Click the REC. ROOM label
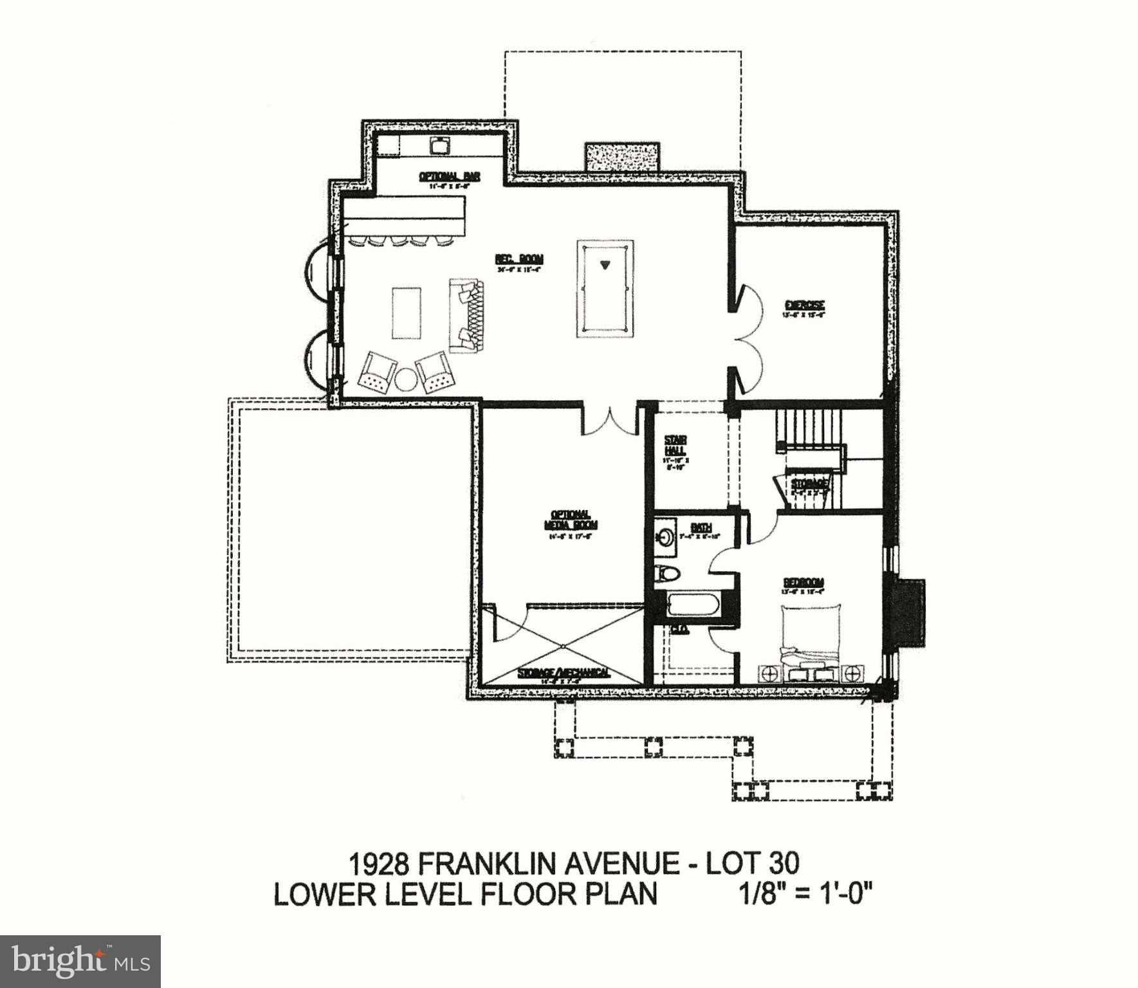tap(519, 259)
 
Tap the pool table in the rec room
tap(604, 288)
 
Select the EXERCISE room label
tap(804, 305)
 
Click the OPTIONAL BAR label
tap(449, 176)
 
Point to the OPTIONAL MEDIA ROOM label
tap(570, 520)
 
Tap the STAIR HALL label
tap(675, 446)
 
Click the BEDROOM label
tap(803, 583)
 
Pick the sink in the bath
tap(665, 535)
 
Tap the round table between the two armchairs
tap(406, 379)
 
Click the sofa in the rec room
tap(466, 315)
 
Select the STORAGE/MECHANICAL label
tap(564, 673)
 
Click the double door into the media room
tap(609, 421)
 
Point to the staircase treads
tap(809, 424)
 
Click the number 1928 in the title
tap(379, 864)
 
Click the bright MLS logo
tap(80, 962)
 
